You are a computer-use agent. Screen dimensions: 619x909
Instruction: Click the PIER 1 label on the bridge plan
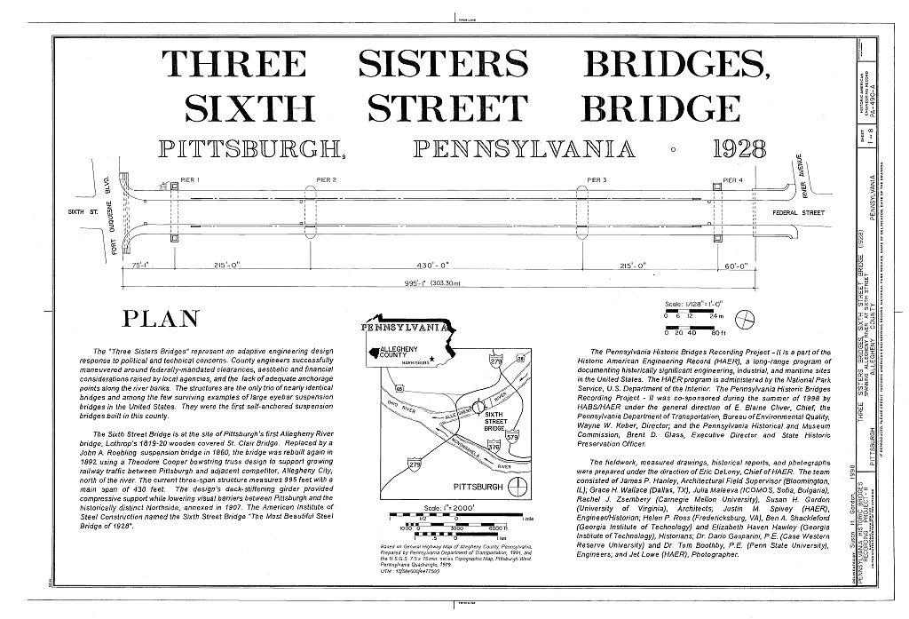[x=190, y=180]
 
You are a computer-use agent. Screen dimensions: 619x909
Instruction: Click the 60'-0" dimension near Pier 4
[x=737, y=265]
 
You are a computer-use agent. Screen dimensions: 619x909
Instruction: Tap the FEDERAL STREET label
[x=799, y=213]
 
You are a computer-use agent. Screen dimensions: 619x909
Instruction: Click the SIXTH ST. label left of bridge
[x=82, y=212]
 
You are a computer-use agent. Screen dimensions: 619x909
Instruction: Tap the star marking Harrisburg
[x=432, y=360]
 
